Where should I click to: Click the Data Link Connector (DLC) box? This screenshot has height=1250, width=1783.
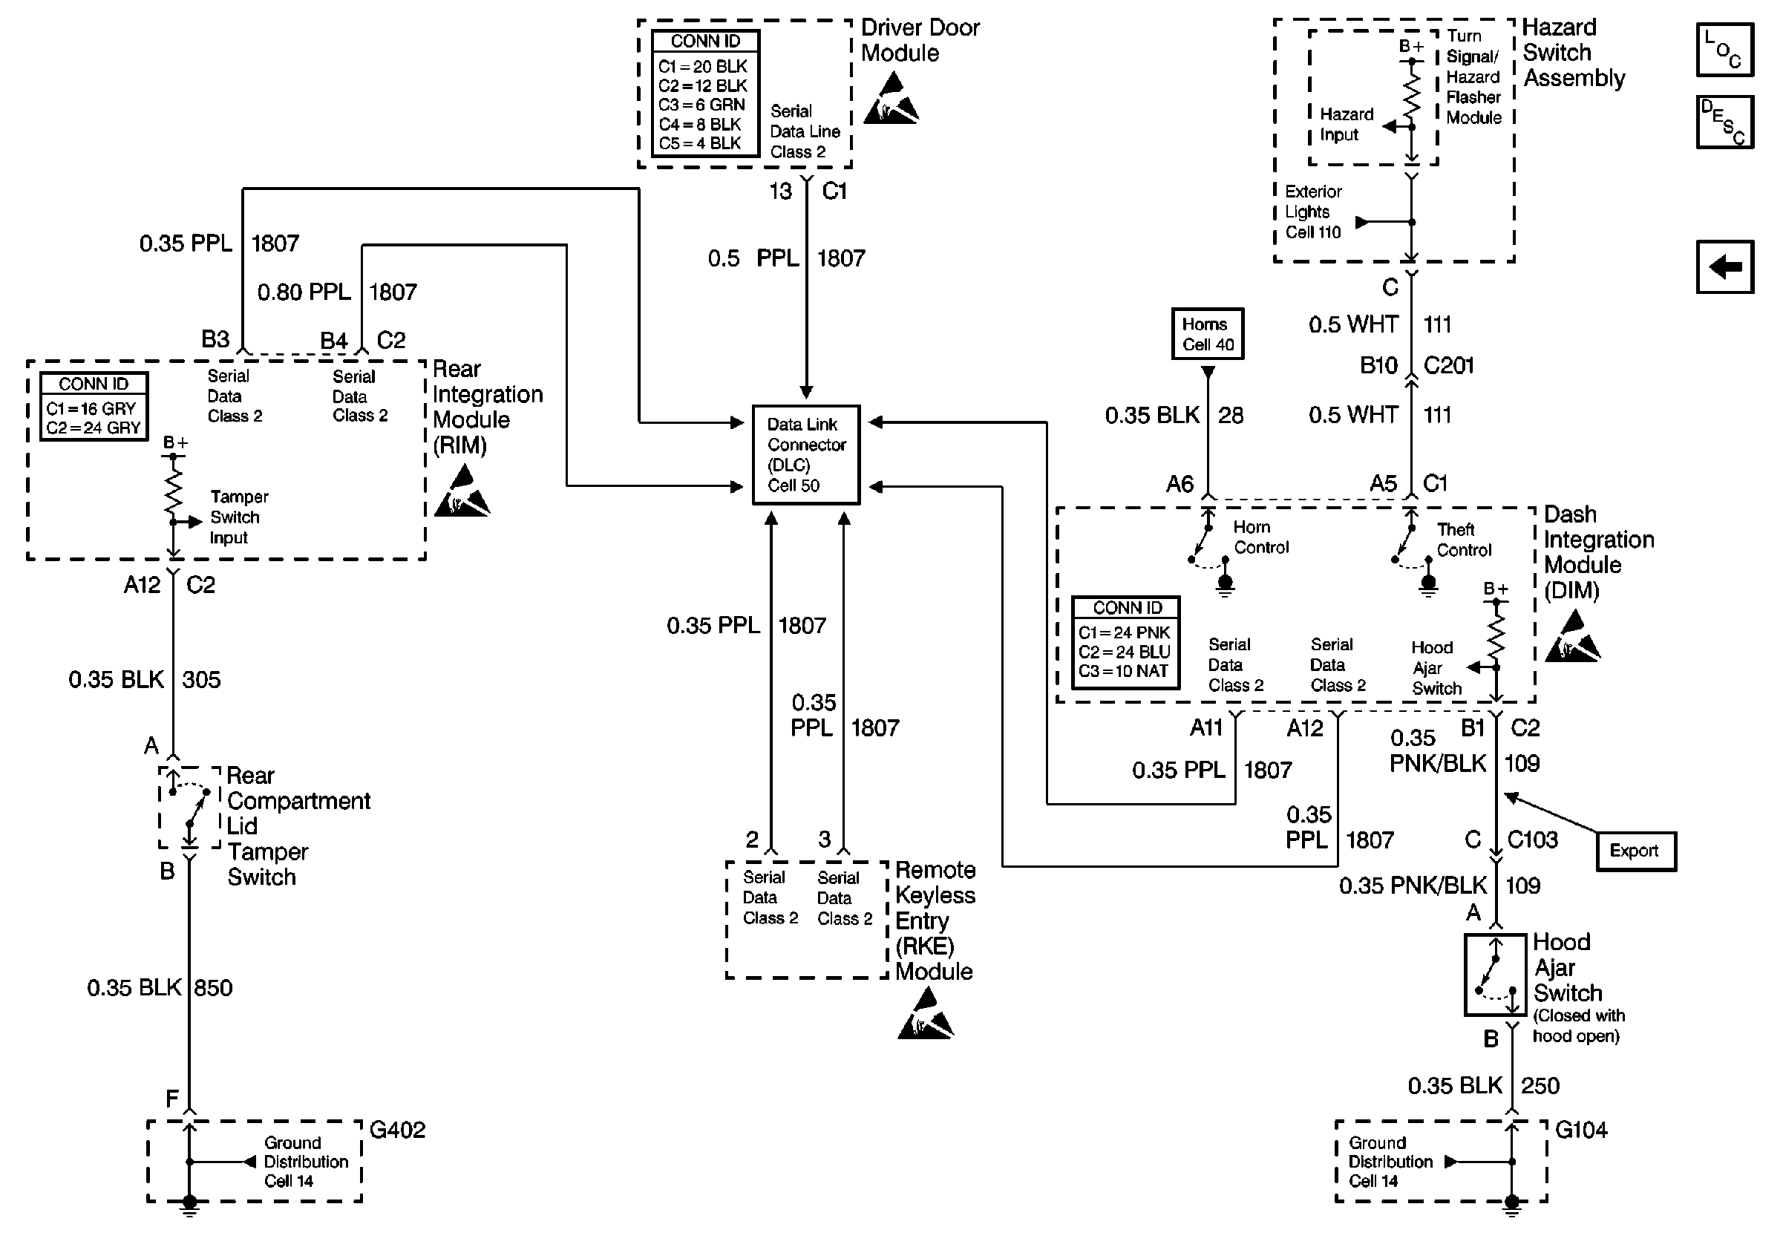coord(806,455)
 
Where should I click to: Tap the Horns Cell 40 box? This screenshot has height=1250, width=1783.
coord(1208,334)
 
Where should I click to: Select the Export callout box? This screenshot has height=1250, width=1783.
coord(1635,851)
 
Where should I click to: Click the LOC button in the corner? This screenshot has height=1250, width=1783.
coord(1725,50)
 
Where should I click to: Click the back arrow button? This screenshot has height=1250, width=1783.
coord(1725,267)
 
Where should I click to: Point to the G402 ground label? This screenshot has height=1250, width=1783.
coord(398,1130)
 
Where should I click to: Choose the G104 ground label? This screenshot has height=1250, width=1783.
coord(1581,1130)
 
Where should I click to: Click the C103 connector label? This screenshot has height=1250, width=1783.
coord(1532,840)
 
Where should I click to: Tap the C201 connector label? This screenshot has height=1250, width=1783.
coord(1448,366)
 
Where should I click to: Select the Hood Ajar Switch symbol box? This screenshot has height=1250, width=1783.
coord(1495,975)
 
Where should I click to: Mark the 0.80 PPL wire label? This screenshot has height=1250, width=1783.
coord(304,292)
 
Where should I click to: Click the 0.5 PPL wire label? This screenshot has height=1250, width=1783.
coord(753,258)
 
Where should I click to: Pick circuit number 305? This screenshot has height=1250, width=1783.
coord(202,680)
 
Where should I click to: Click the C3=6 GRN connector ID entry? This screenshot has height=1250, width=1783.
coord(701,105)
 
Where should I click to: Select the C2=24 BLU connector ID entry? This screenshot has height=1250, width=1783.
coord(1124,652)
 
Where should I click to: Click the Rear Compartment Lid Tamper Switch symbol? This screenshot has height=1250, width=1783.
coord(189,808)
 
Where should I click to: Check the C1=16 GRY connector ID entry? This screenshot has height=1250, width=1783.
coord(91,409)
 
